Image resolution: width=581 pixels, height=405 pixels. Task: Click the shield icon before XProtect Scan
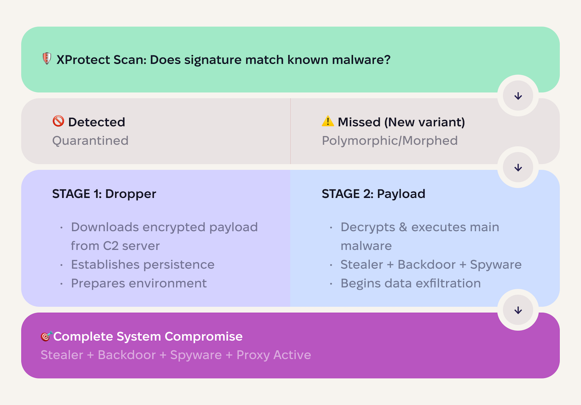47,59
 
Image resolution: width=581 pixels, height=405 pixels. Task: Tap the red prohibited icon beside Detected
58,121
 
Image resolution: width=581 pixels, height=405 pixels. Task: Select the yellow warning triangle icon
328,121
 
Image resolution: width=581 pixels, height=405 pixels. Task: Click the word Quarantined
90,141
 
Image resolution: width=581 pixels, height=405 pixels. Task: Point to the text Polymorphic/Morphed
389,141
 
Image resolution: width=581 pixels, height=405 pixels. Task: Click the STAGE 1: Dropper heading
104,194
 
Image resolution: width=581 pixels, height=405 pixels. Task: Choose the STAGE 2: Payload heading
373,194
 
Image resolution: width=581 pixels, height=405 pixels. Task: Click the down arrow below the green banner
518,96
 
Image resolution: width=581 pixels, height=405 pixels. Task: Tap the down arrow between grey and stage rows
518,167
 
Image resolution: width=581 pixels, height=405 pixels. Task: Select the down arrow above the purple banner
518,310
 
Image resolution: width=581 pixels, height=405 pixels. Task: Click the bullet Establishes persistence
143,265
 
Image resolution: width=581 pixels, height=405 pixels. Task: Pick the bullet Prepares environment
139,284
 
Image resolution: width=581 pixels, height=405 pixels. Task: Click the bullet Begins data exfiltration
410,284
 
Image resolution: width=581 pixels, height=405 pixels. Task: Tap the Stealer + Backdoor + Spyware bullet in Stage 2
431,265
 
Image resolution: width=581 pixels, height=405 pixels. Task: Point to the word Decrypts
367,227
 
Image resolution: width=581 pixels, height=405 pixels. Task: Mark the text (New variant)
424,122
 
